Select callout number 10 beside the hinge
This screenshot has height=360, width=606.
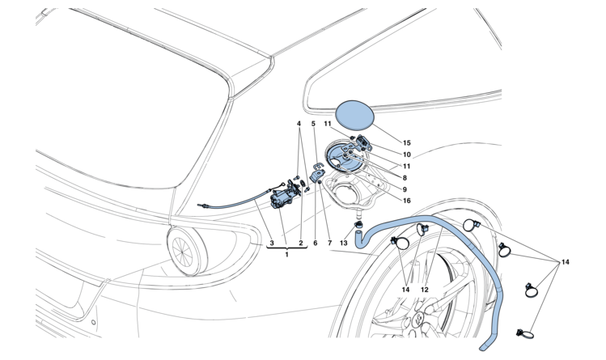[x=406, y=154]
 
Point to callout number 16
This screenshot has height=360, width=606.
[x=406, y=200]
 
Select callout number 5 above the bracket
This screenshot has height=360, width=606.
[x=314, y=125]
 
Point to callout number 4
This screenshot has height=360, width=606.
[x=299, y=125]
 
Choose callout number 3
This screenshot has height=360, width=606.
[x=272, y=242]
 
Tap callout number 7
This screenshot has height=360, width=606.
[x=329, y=242]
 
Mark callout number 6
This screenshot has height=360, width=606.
[x=316, y=242]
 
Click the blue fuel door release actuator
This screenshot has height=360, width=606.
[x=280, y=195]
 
